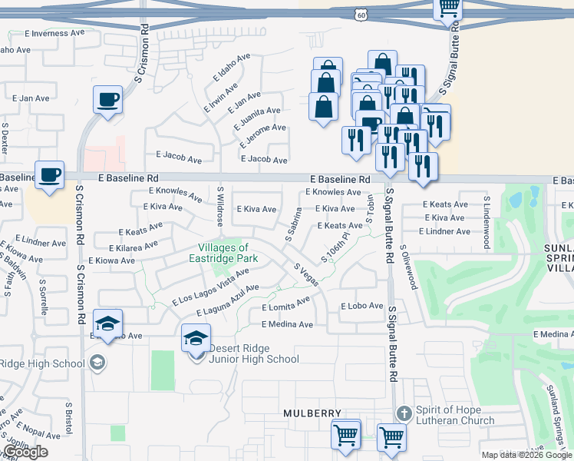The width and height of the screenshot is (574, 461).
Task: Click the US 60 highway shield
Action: click(362, 15)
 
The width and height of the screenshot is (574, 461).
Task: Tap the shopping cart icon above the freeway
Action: click(447, 8)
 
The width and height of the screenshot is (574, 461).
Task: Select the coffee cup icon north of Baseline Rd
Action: click(107, 99)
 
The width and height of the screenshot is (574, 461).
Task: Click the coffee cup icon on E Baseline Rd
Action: click(49, 175)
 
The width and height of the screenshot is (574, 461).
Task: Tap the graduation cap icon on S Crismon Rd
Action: click(107, 323)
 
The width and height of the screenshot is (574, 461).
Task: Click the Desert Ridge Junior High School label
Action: click(253, 353)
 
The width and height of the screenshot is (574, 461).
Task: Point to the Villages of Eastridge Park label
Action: click(223, 253)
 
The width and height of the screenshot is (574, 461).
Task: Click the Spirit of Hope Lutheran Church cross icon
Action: click(405, 413)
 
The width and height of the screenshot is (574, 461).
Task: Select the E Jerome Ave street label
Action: click(262, 136)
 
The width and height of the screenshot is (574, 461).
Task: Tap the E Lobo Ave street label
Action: click(361, 306)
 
